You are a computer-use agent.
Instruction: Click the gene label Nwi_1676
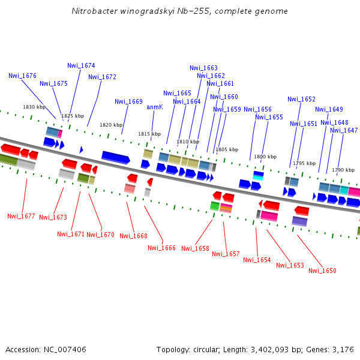tap(22, 76)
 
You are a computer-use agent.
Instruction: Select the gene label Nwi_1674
tap(81, 65)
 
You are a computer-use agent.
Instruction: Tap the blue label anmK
tap(155, 107)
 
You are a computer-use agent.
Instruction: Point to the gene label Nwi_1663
tap(203, 68)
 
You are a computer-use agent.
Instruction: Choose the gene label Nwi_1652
tap(301, 100)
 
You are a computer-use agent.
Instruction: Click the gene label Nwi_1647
tap(344, 131)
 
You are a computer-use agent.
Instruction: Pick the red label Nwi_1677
tap(21, 216)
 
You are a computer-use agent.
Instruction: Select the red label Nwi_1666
tap(161, 248)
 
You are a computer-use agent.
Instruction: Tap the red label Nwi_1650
tap(322, 271)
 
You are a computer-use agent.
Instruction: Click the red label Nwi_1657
tap(226, 254)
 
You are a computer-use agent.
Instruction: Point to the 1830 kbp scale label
tap(34, 107)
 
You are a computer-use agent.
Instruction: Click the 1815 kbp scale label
tap(149, 134)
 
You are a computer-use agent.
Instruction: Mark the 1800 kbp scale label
tap(265, 157)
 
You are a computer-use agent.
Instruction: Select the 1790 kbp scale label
tap(343, 170)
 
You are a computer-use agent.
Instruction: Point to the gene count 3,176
tap(343, 350)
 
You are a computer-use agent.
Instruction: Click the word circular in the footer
tap(210, 350)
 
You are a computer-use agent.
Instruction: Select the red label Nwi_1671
tap(71, 234)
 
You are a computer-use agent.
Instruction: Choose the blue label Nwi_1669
tap(128, 102)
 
